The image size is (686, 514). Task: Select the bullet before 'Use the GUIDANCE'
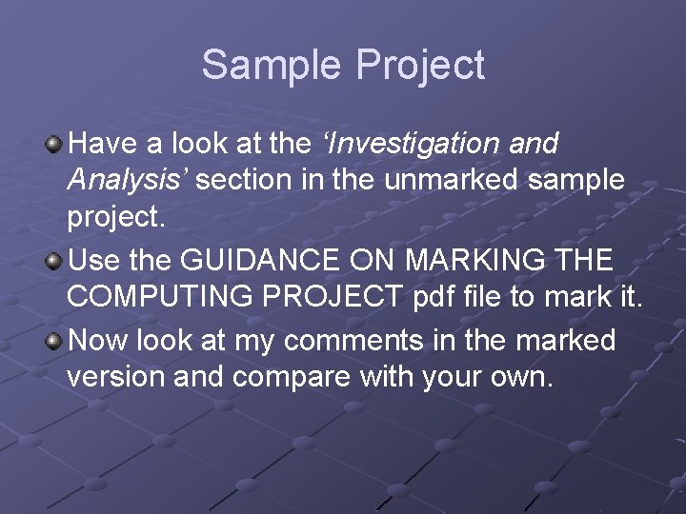pyautogui.click(x=54, y=260)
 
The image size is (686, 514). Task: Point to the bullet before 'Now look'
pyautogui.click(x=54, y=340)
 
